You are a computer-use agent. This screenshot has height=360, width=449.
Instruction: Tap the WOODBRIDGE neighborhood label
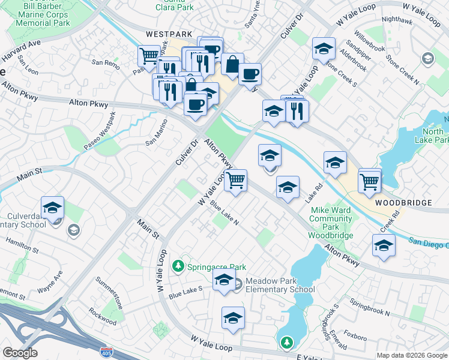(403, 203)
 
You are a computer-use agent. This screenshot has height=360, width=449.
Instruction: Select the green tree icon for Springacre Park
(178, 265)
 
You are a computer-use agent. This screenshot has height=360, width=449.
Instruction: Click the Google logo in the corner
(20, 353)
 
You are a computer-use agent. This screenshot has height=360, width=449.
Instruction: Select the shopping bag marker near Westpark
(232, 64)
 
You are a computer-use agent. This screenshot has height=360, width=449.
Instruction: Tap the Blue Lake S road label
(185, 293)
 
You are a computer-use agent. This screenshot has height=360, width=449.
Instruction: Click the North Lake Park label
(434, 136)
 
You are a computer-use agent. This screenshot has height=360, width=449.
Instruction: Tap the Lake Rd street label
(311, 193)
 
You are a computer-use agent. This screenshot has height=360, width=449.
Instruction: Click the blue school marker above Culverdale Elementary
(53, 208)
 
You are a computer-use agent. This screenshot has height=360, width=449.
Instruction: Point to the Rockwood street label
(103, 316)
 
